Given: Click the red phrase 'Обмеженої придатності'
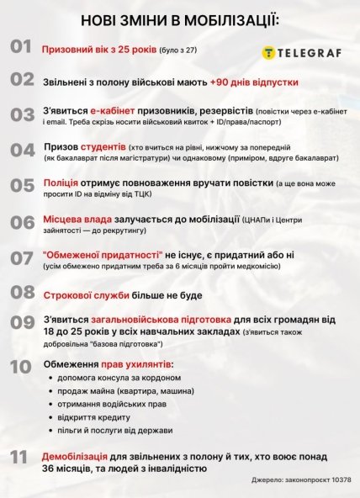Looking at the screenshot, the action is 97,253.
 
